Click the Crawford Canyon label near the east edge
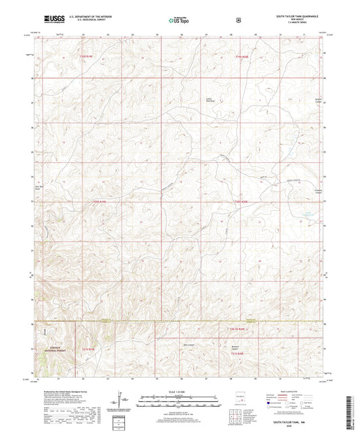(312, 193)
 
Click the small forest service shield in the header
(238, 20)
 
